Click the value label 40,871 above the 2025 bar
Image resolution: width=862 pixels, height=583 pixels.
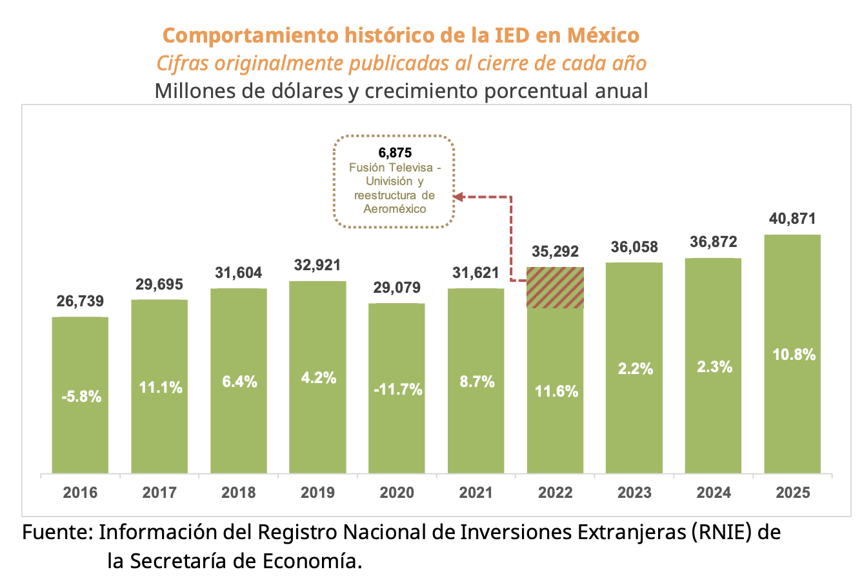click(x=792, y=219)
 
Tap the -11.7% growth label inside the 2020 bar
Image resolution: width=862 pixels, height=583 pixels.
click(x=397, y=390)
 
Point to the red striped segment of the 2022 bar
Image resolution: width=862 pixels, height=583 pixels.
click(x=555, y=288)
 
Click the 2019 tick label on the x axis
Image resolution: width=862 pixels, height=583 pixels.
click(x=317, y=493)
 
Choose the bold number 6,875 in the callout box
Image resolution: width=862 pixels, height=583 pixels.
click(x=395, y=153)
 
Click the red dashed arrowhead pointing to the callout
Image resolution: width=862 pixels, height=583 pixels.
click(x=459, y=197)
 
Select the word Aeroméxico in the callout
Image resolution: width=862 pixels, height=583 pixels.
click(x=395, y=209)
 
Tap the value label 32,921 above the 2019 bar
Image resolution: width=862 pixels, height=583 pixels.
click(x=317, y=265)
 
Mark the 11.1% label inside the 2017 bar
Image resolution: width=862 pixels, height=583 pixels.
click(x=159, y=388)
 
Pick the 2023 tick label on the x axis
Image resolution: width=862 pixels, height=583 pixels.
click(x=634, y=493)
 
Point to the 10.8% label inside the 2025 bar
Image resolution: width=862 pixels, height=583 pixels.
click(x=794, y=355)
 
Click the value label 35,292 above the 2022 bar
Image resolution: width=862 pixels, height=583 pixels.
click(x=555, y=252)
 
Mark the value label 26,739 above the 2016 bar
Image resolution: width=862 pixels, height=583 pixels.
click(x=80, y=301)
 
